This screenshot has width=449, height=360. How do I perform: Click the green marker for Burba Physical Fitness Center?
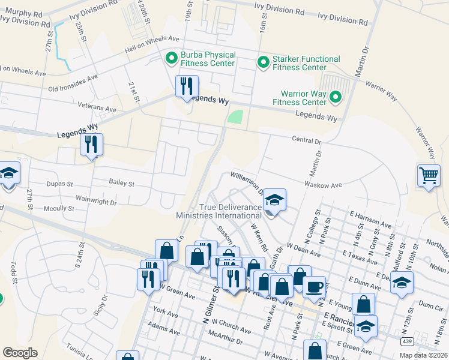pos(171,59)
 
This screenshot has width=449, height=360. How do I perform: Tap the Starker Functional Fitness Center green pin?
pos(263,62)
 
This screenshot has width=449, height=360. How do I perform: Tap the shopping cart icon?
pos(429,176)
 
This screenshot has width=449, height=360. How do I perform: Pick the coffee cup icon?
pos(313,286)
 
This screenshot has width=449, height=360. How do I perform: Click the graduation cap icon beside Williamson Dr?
pos(274,199)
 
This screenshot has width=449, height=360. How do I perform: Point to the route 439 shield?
pos(406,341)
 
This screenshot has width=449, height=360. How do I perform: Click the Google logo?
pos(20,353)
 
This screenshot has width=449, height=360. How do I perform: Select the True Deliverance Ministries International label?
pos(219,211)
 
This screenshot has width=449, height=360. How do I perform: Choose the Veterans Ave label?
pos(97,107)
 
